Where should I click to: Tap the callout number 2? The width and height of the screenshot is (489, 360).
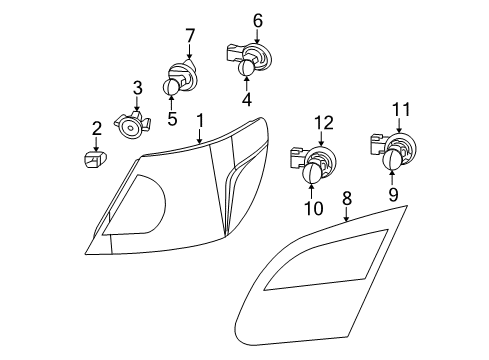pos(96,128)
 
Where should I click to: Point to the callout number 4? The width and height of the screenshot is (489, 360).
pos(246,100)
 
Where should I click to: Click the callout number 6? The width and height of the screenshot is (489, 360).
pos(257,20)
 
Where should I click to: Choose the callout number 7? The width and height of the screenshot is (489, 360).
pos(189,37)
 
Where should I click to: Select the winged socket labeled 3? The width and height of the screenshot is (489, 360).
pos(131,126)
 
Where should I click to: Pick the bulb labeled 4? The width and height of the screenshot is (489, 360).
pos(246,67)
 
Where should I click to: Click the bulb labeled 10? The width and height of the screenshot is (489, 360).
pos(310,174)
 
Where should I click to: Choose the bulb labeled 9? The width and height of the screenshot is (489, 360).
pos(392,158)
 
